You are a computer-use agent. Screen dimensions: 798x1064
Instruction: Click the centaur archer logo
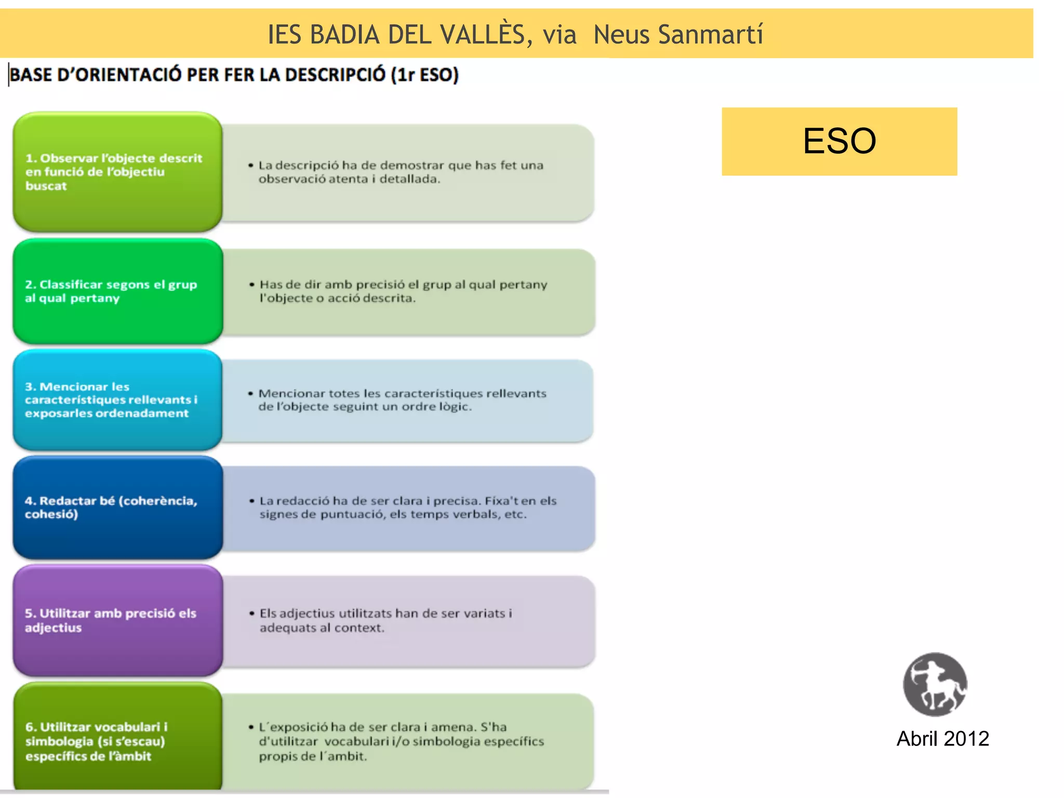click(935, 684)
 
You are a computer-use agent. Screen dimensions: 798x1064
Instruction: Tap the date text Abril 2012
click(942, 739)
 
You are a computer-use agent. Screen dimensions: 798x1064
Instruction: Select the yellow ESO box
click(839, 141)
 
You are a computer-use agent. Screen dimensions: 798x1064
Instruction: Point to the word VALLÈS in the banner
click(483, 35)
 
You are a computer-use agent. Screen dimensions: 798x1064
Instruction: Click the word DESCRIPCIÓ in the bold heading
click(335, 75)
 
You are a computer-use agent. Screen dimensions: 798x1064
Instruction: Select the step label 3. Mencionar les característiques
click(111, 400)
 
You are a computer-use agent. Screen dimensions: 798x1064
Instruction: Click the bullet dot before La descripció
click(251, 166)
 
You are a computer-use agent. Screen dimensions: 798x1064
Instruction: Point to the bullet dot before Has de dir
click(252, 285)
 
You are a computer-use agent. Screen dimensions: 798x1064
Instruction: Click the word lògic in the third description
click(455, 407)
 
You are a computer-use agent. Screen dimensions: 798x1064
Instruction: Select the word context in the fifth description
click(359, 628)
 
